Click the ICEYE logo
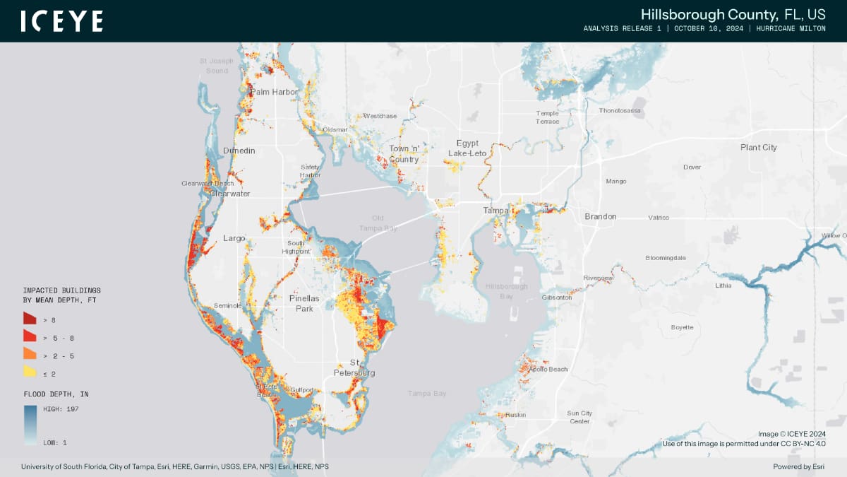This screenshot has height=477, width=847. pos(61,21)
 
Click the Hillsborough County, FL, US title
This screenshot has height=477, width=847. pos(733,15)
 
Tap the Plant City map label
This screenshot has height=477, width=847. pos(758,148)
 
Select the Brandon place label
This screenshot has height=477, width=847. pos(600,216)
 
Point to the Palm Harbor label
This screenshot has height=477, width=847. pos(275,92)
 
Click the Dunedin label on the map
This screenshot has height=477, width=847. pos(239,151)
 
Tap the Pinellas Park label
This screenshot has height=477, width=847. pos(304,304)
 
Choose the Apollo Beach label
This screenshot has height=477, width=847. pos(548,370)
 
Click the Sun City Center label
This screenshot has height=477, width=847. pos(579,417)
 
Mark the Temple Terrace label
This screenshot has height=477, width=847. pos(547,117)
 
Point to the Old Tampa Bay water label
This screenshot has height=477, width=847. pos(378,223)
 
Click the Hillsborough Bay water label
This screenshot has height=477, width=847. pos(506,291)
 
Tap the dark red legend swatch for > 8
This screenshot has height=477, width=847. pos(30,319)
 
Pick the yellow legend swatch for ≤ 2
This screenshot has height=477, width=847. pos(30,371)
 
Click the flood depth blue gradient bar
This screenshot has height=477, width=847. pos(30,424)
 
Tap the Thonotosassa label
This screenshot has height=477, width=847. pos(619,111)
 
